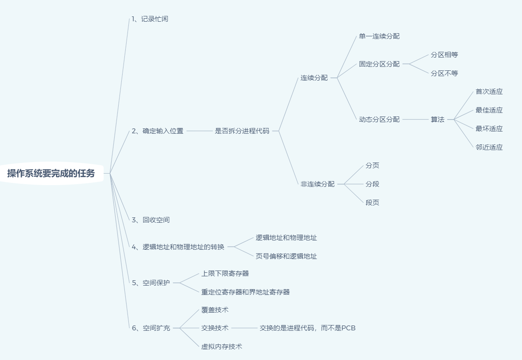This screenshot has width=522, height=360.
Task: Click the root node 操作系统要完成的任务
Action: tap(51, 173)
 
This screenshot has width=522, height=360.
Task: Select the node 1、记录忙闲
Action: tap(150, 19)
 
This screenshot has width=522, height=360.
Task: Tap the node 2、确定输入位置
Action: tap(157, 131)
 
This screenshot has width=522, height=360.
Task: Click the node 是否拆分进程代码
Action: tap(242, 131)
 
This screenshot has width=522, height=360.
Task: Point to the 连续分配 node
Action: tap(314, 78)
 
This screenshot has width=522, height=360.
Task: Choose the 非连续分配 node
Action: tap(317, 184)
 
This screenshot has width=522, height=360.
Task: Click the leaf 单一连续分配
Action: tap(379, 36)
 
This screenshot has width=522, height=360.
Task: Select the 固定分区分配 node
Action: tap(379, 64)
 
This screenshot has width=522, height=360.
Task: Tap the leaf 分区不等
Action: tap(444, 74)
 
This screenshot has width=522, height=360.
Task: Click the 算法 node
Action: tap(437, 120)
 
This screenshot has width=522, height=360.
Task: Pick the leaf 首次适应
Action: tap(489, 92)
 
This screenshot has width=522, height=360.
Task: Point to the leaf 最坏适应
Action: tap(489, 129)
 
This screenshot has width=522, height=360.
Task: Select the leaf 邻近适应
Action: tap(489, 147)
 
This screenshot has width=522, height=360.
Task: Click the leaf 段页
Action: tap(372, 203)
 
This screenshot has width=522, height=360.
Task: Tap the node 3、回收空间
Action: tap(151, 220)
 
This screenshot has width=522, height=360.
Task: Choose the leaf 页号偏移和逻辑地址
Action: tap(286, 256)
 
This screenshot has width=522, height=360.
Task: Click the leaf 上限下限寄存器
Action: tap(225, 274)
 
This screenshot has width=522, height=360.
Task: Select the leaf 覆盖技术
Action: tap(215, 310)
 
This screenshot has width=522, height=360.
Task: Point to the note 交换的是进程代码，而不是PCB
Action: tap(307, 328)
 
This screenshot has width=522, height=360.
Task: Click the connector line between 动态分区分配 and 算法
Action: tap(415, 120)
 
